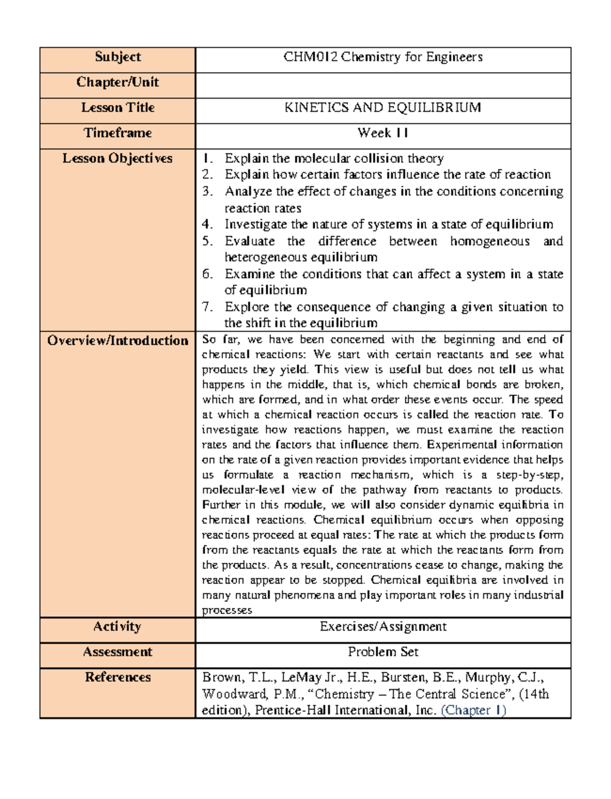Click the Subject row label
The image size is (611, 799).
point(118,57)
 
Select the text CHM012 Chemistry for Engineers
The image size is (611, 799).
point(383,57)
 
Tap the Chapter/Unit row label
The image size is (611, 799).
point(118,82)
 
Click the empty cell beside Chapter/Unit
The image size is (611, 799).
point(383,85)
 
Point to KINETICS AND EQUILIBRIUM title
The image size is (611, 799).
point(383,108)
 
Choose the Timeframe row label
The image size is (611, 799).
point(118,133)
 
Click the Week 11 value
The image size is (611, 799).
point(383,133)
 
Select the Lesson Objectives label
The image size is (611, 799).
point(118,159)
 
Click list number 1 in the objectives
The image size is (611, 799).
point(207,159)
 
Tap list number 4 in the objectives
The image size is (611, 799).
point(207,225)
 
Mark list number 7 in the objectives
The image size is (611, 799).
point(207,307)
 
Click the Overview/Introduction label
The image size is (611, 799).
point(118,341)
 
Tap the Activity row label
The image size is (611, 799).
point(118,627)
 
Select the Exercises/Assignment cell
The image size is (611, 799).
point(383,627)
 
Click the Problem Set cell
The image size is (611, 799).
point(383,652)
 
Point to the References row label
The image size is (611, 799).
point(118,678)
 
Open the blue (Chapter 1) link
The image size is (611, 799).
point(474,710)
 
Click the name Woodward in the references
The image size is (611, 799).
point(229,694)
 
